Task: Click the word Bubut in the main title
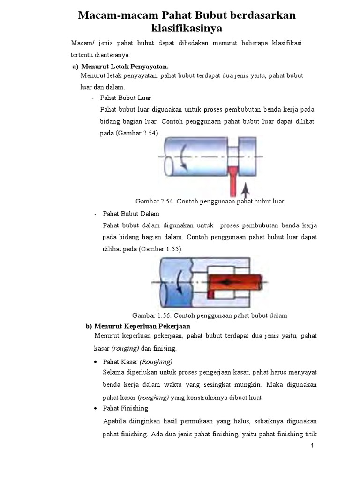(x=205, y=15)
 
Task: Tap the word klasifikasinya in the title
(x=187, y=29)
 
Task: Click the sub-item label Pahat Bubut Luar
(x=124, y=97)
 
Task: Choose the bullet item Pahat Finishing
(x=125, y=408)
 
